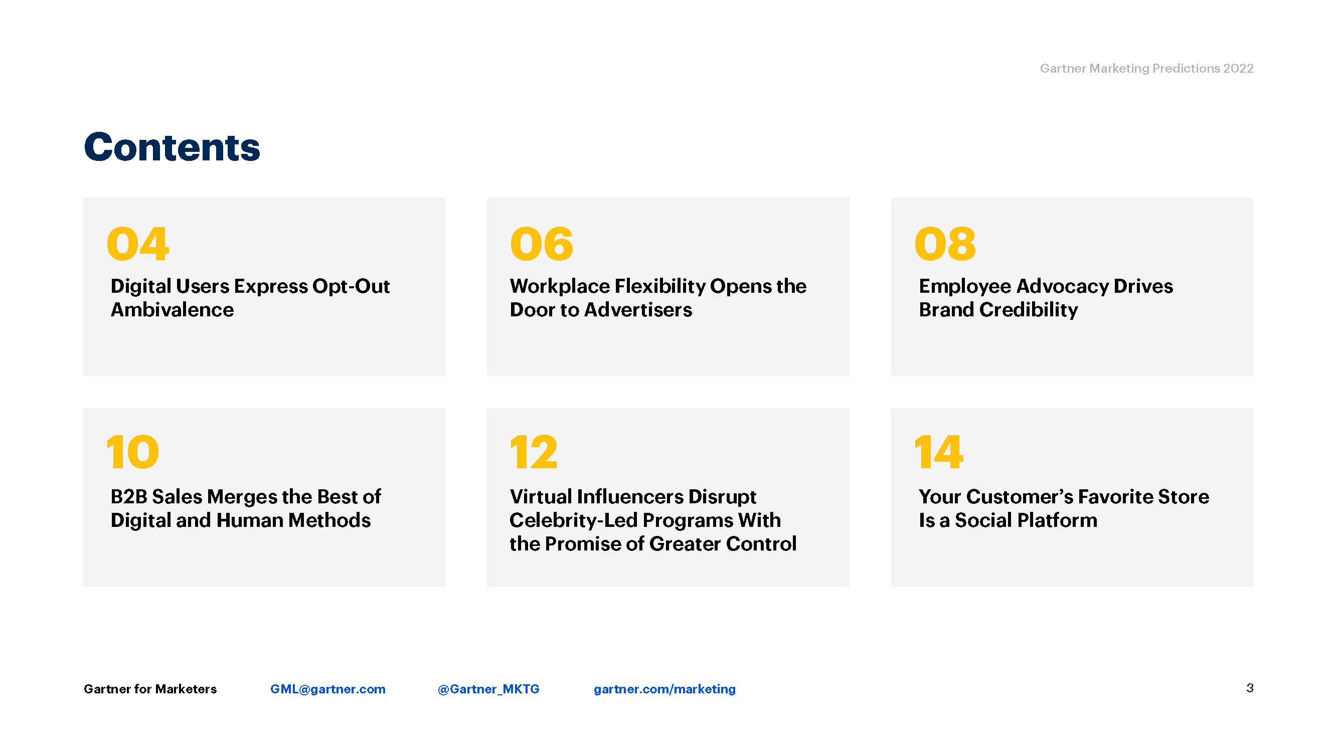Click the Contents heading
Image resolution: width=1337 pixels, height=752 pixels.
pos(172,147)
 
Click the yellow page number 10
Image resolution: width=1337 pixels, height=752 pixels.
pos(132,452)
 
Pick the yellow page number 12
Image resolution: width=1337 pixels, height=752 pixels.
pos(534,452)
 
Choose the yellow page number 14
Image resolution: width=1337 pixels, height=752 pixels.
pos(938,452)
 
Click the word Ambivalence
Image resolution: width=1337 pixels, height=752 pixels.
pos(173,310)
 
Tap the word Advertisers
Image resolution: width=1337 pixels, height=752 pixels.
pos(638,310)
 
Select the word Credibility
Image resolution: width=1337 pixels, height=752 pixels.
pos(1028,310)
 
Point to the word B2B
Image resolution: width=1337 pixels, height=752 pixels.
pos(129,497)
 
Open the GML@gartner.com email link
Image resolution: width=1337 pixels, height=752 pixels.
pos(328,689)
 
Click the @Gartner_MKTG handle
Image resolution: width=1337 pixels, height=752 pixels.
pos(488,689)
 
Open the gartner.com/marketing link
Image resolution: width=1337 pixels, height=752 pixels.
pos(665,689)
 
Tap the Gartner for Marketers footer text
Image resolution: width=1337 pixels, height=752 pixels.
pos(150,689)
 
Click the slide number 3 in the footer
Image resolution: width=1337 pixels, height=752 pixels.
pos(1250,688)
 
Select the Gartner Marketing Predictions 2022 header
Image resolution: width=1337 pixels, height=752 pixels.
pos(1146,69)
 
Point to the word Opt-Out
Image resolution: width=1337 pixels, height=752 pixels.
pos(351,287)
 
